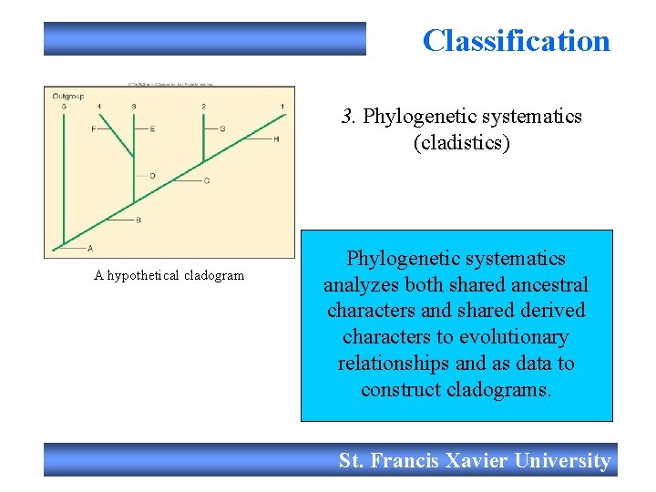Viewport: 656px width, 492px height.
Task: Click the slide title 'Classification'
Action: [x=516, y=41]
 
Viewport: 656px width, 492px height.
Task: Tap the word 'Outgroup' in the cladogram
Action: [x=67, y=95]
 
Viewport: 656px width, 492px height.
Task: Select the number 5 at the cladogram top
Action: [x=64, y=107]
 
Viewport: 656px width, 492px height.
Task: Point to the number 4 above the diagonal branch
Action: [x=99, y=107]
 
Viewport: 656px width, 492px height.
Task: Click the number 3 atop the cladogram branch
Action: [x=134, y=107]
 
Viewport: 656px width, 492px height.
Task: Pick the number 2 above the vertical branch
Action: [x=203, y=107]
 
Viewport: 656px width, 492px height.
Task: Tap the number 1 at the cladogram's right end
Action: [x=282, y=107]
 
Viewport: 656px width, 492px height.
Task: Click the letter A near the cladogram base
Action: [x=89, y=248]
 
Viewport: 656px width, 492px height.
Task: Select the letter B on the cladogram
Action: [x=138, y=220]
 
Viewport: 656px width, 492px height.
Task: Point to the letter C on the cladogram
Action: [x=207, y=180]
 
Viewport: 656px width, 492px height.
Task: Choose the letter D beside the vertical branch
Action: [x=152, y=175]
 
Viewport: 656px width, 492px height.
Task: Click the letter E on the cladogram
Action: [x=152, y=129]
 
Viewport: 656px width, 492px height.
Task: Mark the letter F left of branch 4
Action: [x=94, y=129]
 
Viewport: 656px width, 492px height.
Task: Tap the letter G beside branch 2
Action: [x=222, y=129]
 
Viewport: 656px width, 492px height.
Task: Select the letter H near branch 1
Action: [x=276, y=139]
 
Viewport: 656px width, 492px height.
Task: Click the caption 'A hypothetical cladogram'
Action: [x=169, y=275]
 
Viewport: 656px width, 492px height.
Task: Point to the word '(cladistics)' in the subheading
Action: [x=461, y=143]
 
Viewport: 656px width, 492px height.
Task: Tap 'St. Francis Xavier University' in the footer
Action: [x=474, y=461]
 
